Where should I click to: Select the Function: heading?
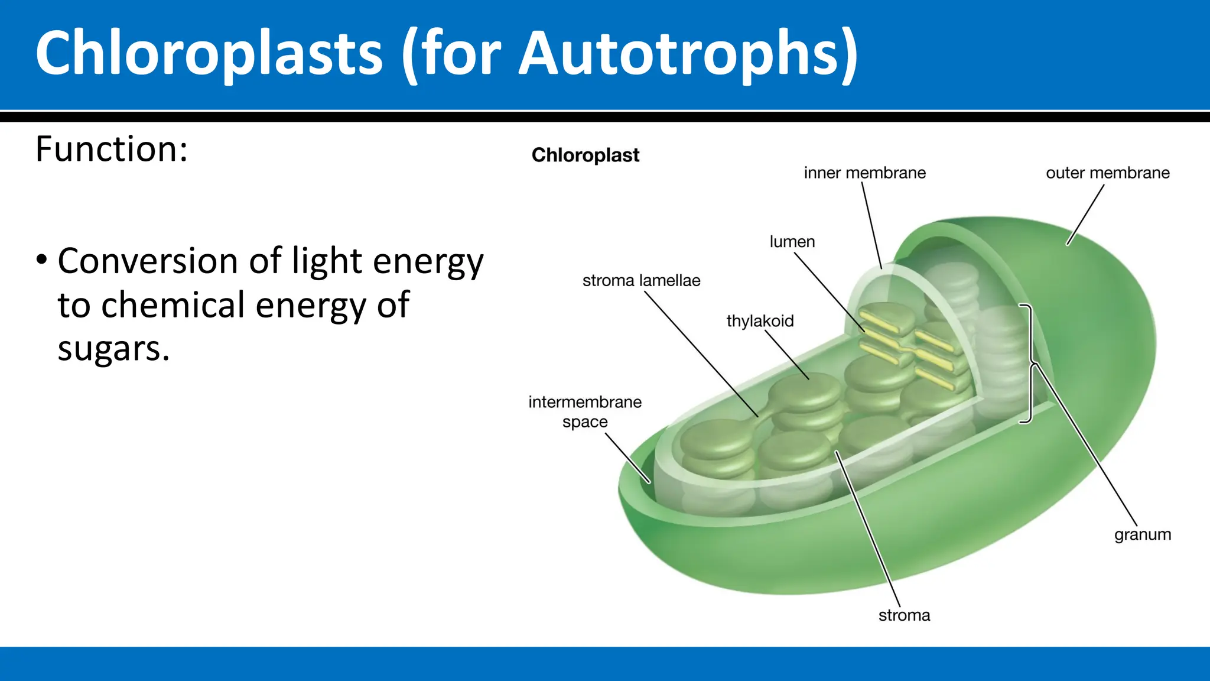(x=112, y=149)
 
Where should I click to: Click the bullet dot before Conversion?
(x=41, y=260)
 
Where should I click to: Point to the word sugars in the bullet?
(x=113, y=349)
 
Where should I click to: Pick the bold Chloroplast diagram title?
(x=585, y=155)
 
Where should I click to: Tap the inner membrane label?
(x=864, y=173)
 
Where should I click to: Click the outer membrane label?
(x=1107, y=173)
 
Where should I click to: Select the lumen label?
(x=792, y=242)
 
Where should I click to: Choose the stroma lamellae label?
(x=641, y=281)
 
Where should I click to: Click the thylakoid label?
(x=760, y=321)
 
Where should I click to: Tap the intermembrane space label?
(x=585, y=411)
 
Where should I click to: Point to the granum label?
(x=1142, y=534)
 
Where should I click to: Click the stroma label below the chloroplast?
(x=904, y=615)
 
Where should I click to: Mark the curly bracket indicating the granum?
(x=1029, y=364)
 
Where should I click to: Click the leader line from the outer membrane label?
(x=1086, y=214)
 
